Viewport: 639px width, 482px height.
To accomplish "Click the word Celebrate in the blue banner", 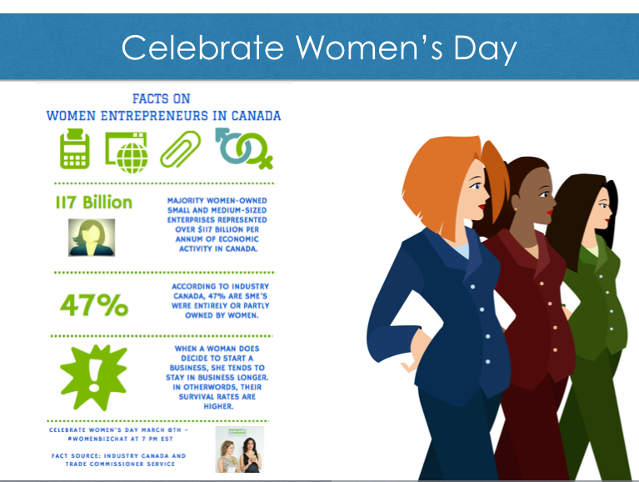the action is tap(202, 48).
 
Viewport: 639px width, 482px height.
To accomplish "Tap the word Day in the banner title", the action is tap(485, 49).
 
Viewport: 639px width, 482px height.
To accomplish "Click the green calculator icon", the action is tap(75, 148).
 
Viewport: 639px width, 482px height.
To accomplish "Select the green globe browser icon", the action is tap(127, 152).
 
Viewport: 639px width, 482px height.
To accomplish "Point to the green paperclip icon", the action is tap(180, 148).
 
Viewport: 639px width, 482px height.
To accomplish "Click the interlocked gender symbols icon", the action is tap(244, 148).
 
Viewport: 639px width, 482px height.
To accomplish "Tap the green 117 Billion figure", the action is tap(94, 203).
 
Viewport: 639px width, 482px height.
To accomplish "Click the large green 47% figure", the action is tap(94, 305).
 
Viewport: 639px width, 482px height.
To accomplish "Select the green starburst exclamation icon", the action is tap(94, 377).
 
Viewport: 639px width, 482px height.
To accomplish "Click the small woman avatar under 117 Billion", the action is tap(92, 238).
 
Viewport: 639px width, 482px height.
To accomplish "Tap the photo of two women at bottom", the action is tap(240, 449).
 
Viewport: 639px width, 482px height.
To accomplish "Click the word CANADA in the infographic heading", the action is tap(256, 116).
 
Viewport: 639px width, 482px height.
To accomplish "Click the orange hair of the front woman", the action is tap(440, 175).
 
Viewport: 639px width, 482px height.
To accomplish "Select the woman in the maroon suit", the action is tap(526, 318).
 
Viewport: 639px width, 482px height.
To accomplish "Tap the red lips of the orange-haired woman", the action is tap(482, 207).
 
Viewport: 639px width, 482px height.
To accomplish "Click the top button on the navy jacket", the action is tap(472, 287).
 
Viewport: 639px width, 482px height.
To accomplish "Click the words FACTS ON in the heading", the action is tap(162, 98).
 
